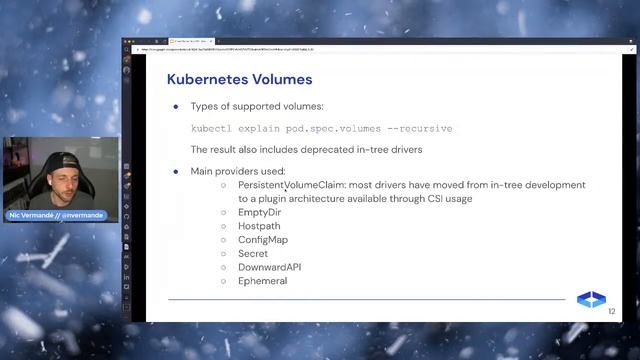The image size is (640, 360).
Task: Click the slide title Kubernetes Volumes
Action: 239,79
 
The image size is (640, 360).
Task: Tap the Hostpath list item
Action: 260,226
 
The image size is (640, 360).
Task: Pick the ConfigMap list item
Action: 263,240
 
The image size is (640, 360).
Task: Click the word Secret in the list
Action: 253,254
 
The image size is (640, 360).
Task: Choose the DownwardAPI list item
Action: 269,267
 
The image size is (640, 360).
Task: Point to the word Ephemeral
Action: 262,281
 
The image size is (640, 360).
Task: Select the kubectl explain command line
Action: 321,128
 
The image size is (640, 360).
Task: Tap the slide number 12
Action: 612,312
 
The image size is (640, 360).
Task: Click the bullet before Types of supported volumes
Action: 176,106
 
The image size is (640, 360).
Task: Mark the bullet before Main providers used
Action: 176,172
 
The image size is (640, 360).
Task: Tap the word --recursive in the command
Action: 419,128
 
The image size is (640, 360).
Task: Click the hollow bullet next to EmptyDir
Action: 224,212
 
